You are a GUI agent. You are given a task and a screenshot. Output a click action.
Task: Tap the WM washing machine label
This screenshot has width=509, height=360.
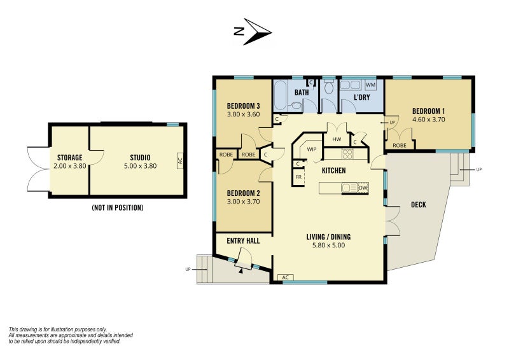pos(370,85)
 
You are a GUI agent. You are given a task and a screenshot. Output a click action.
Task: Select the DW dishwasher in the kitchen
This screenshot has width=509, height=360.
pos(363,188)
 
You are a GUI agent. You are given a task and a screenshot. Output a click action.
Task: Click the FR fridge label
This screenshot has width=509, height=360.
pos(298,177)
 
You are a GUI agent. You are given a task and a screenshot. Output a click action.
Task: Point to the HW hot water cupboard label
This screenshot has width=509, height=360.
pos(337,139)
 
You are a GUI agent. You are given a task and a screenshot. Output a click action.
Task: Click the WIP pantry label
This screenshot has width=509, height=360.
pos(312,149)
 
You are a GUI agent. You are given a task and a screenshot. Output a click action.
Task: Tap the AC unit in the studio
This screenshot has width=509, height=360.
pos(180,161)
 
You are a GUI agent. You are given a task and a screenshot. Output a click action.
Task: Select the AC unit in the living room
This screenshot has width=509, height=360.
pos(285,277)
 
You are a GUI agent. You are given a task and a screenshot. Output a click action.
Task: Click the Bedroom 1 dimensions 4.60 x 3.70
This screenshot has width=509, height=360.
pos(428,120)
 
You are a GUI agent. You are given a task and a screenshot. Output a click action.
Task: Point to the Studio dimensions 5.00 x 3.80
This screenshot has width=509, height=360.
pos(140,166)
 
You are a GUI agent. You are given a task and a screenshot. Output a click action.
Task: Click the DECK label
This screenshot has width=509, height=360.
pos(419,205)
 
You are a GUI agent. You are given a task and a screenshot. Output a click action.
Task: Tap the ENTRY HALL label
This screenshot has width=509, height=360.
pos(243,241)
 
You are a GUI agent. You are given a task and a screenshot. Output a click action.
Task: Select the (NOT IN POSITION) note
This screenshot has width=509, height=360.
pos(118,208)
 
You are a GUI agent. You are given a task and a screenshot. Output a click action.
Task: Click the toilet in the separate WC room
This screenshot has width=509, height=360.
pos(329,87)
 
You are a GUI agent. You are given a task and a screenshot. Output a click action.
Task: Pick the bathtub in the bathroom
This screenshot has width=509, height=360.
pos(280,96)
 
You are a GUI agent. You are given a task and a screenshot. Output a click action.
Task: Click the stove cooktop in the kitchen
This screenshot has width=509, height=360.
pos(347,154)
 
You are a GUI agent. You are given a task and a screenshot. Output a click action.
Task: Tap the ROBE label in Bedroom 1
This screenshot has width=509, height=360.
pos(400,146)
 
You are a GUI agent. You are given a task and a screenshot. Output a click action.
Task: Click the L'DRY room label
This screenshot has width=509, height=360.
pos(361,97)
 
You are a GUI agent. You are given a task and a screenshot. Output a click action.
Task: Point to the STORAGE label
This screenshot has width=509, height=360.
pos(70,158)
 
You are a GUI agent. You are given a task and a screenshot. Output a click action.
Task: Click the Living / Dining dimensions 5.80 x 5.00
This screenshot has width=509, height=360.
pos(328,246)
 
